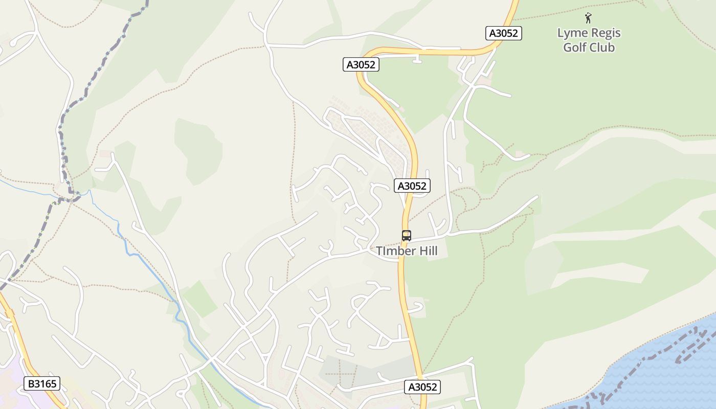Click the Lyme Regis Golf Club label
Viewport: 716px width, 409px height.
click(x=589, y=40)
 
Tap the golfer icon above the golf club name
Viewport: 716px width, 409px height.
click(x=588, y=18)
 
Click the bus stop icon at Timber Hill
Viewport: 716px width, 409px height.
click(x=407, y=236)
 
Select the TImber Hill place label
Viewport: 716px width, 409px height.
click(x=407, y=251)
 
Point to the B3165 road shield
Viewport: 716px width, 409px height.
click(x=42, y=383)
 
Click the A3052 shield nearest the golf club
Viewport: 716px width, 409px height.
click(x=503, y=34)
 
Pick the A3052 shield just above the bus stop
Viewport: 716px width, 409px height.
click(x=412, y=186)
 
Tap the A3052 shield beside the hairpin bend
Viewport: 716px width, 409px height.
click(x=361, y=65)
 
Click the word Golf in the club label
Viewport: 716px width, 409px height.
click(x=574, y=48)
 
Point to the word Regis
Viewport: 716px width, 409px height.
click(x=604, y=33)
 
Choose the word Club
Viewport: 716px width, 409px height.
click(x=601, y=48)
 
